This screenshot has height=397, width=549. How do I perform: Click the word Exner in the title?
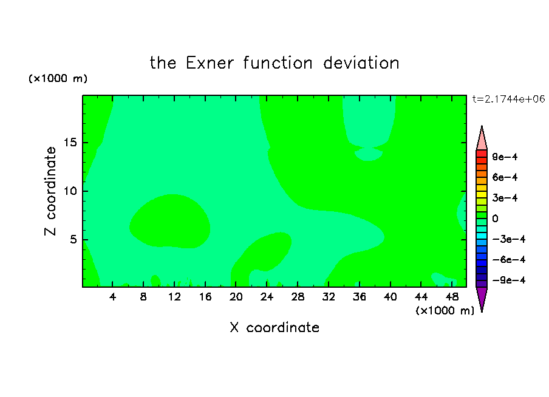coord(210,63)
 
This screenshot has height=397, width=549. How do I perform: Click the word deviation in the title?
coord(361,63)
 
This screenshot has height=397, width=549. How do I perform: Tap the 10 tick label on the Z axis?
coord(70,191)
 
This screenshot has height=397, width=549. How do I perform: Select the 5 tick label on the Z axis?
coord(73,239)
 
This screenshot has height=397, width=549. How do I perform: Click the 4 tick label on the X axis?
coord(112,297)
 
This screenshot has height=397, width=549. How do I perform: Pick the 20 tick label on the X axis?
coord(236,297)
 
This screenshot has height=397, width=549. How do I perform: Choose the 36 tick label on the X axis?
coord(360,297)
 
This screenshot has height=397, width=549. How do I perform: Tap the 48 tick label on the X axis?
coord(452,297)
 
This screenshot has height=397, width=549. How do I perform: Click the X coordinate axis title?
coord(275,327)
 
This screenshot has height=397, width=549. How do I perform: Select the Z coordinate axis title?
coord(50,191)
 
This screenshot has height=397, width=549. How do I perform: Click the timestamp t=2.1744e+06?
coord(509,99)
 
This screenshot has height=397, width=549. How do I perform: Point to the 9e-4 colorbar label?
coord(505,157)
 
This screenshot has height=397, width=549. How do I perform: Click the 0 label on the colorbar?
coord(495,219)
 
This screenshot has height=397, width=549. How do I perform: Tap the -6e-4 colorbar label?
coord(509,260)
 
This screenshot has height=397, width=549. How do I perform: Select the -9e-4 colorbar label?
coord(509,280)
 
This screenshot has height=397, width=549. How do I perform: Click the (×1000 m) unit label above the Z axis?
coord(58,78)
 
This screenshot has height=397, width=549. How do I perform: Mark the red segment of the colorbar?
coord(482,154)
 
